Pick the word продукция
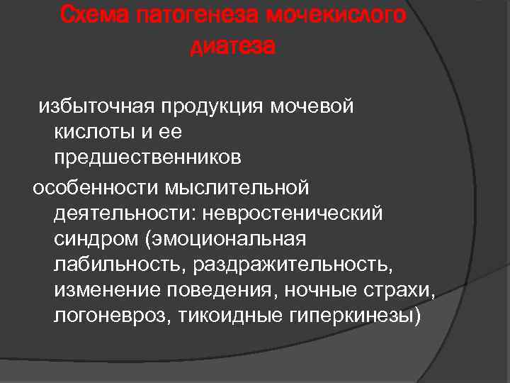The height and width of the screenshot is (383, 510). pos(212,107)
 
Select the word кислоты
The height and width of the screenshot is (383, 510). pos(89,133)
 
